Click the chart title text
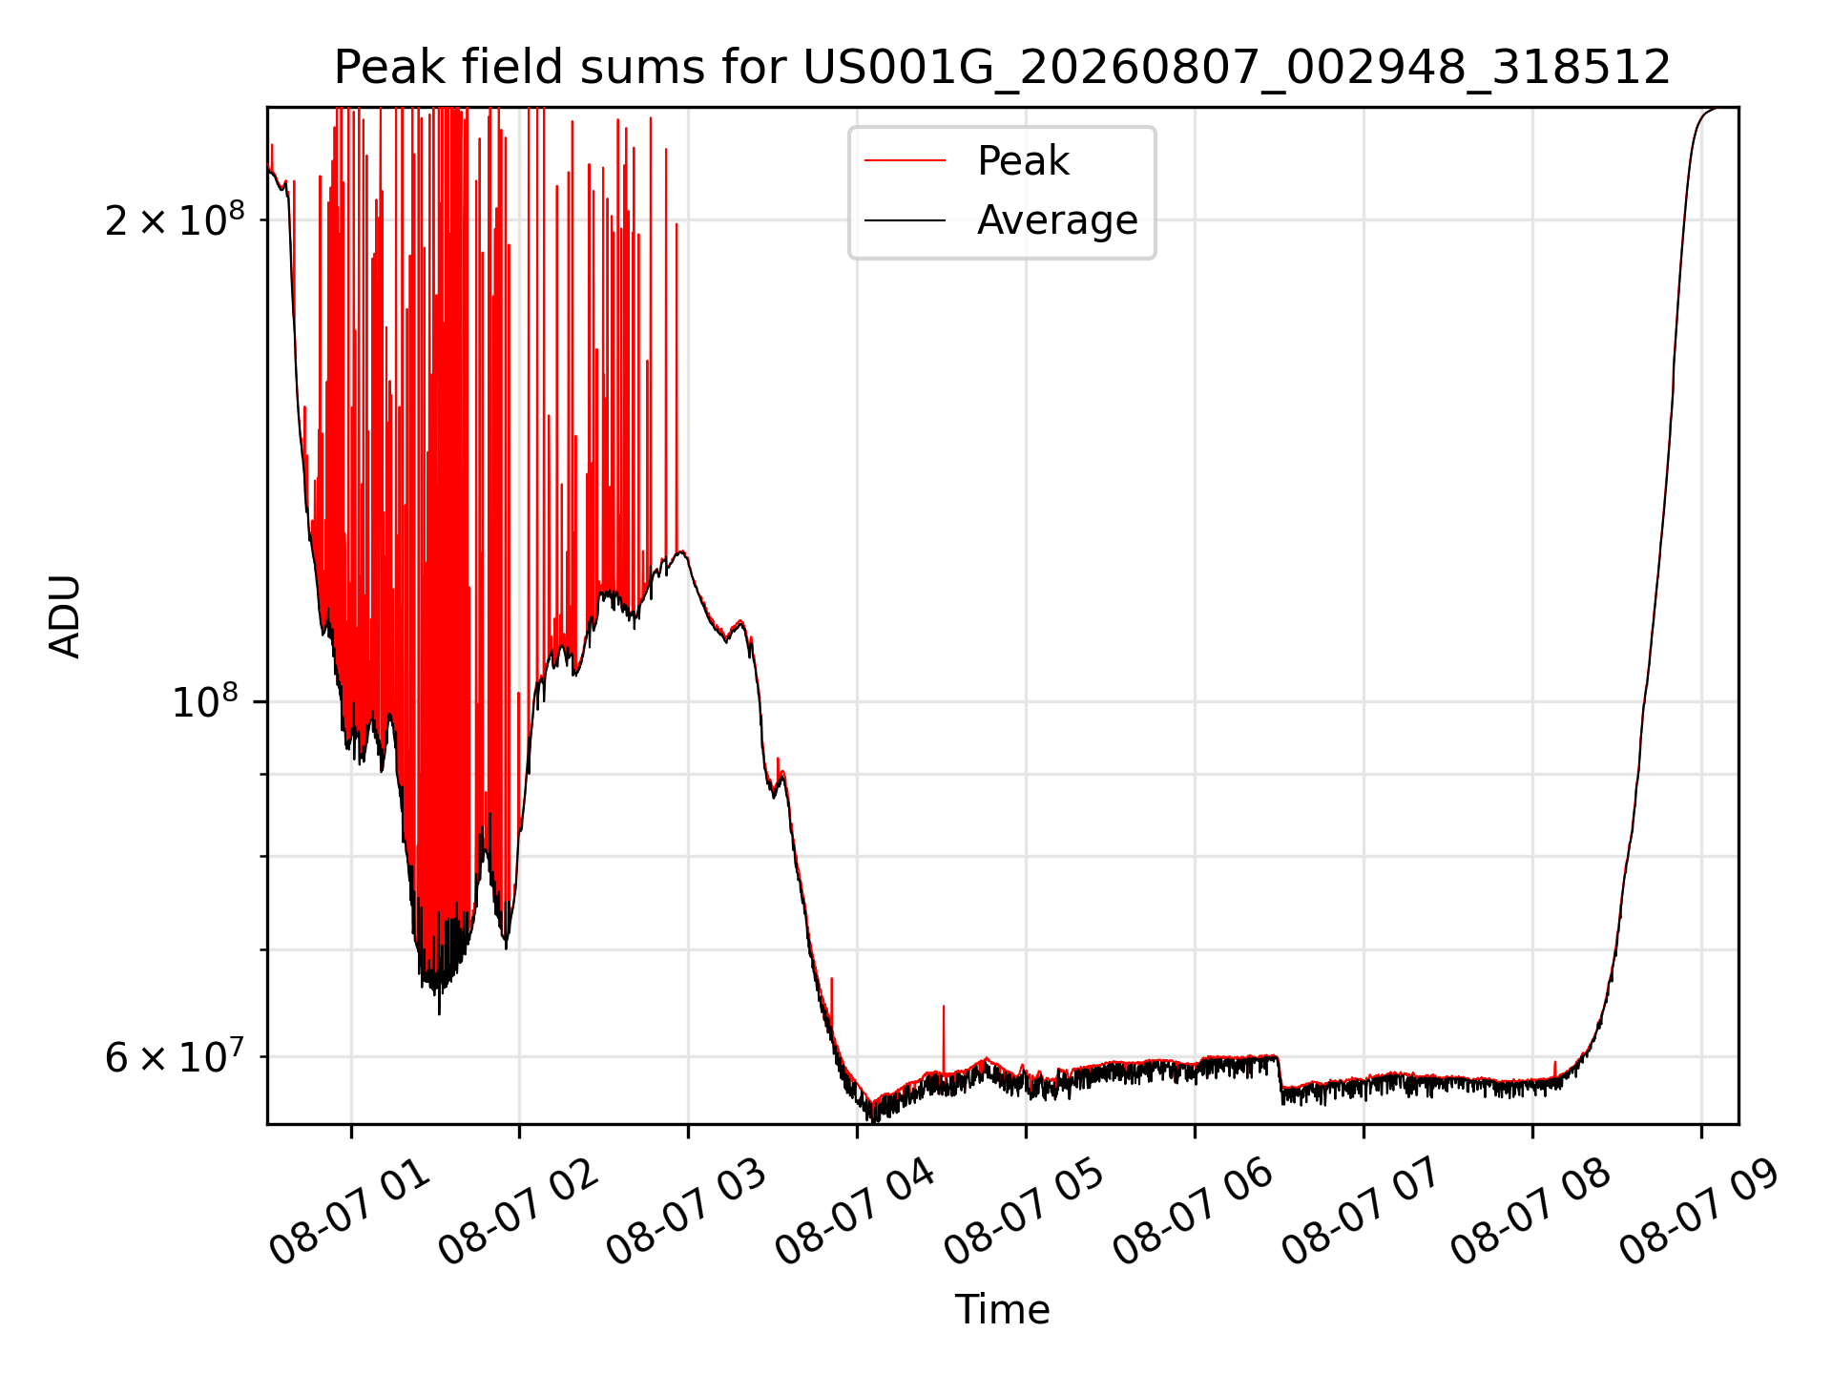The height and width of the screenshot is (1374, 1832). coord(1002,68)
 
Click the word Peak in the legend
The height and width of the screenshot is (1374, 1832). coord(1023,161)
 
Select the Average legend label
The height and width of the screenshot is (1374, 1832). coord(1057,220)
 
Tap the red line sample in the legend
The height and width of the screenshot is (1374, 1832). coord(905,161)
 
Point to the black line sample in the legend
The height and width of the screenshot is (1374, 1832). coord(905,220)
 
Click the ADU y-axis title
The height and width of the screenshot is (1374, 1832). coord(65,616)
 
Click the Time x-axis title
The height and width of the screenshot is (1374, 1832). coord(1002,1310)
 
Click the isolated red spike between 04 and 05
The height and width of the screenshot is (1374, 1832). coord(944,1038)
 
